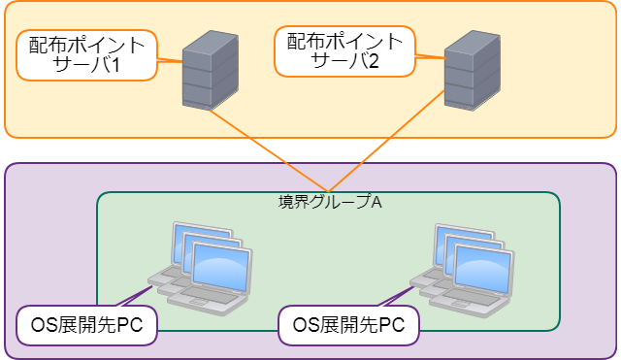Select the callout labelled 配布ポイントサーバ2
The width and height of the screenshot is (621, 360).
344,51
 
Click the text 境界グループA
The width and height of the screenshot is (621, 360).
328,202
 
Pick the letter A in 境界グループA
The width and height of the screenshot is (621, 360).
376,202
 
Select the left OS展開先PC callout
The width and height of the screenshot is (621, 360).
87,325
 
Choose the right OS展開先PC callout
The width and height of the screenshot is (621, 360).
348,325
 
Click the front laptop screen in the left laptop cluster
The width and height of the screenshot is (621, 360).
221,266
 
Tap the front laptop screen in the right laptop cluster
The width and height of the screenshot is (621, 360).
483,266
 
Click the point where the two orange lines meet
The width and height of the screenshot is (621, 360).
329,191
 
